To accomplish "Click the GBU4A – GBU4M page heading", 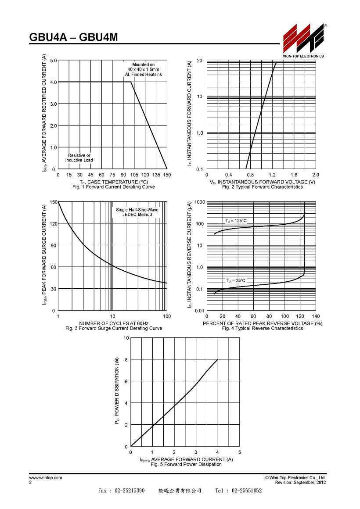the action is pos(73,37).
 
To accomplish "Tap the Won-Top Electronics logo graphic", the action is pos(303,38).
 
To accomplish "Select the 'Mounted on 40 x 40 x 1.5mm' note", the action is pos(143,67).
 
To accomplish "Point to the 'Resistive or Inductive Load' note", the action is pos(79,158).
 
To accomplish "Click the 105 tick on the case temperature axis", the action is pos(134,175).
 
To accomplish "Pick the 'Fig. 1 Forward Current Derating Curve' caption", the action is pos(114,187).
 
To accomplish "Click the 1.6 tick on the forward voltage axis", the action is pos(294,175).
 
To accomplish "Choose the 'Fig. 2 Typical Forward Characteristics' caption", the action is pos(262,187).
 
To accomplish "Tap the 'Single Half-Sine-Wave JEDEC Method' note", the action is pos(137,212).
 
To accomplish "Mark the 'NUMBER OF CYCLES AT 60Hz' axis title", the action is pos(114,323).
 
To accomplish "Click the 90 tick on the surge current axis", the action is pos(54,245).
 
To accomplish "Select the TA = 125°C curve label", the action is pos(236,221).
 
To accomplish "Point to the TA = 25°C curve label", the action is pos(236,280).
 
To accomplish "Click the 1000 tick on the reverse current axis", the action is pos(199,202).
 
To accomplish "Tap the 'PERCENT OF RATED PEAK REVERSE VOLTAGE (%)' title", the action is pos(263,323).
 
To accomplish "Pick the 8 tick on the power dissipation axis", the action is pos(126,360).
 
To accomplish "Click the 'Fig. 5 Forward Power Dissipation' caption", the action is pos(186,465).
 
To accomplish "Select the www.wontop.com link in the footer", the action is pos(46,478).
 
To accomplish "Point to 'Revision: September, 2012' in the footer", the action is pos(300,483).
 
